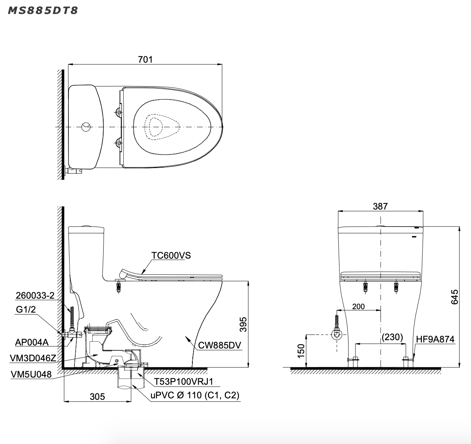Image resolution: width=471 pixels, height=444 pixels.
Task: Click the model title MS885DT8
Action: [x=43, y=11]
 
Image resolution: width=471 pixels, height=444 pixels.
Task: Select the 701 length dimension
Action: [x=145, y=60]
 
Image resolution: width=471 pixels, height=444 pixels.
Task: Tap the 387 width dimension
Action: [x=380, y=207]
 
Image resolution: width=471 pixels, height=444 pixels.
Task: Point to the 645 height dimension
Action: [x=455, y=297]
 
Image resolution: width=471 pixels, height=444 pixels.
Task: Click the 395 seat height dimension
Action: [x=243, y=324]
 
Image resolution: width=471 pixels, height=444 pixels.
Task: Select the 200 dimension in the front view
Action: [x=358, y=307]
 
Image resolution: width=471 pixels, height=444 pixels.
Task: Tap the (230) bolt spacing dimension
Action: [x=392, y=337]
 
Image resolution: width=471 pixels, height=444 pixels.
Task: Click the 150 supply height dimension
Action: [x=301, y=351]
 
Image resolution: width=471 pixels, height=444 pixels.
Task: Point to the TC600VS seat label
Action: [x=171, y=255]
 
